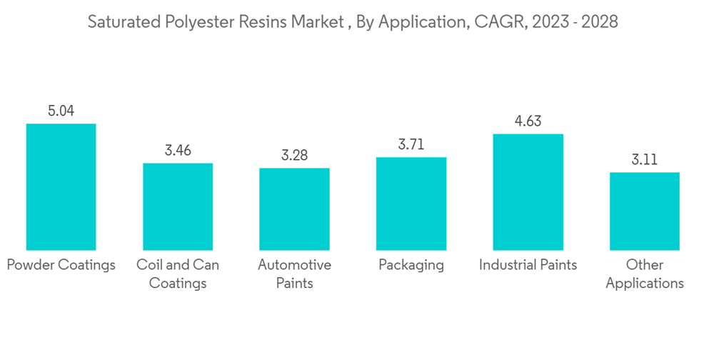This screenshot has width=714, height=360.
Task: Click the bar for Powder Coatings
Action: point(61,186)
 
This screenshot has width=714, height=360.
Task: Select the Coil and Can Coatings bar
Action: point(178,206)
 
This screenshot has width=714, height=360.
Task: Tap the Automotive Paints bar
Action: point(294,209)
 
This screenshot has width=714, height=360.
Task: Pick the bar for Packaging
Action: point(411,204)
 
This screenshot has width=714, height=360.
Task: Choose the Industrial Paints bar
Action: point(528,191)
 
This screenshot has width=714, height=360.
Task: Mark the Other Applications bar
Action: point(645,211)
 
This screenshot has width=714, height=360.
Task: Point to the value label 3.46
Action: point(178,151)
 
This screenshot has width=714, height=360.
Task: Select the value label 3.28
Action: point(294,155)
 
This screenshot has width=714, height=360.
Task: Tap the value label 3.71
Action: point(411,144)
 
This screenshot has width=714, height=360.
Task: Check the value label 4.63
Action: point(528,121)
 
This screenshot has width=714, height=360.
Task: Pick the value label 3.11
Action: point(645,159)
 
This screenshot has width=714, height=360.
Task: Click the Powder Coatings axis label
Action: point(61,265)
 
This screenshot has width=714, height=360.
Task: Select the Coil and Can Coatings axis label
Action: point(178,274)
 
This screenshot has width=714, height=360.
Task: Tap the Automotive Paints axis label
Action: point(294,274)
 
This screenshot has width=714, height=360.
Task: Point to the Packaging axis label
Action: point(411,265)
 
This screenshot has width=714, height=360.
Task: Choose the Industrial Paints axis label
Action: point(528,265)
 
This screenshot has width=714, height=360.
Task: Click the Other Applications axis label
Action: point(645,274)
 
